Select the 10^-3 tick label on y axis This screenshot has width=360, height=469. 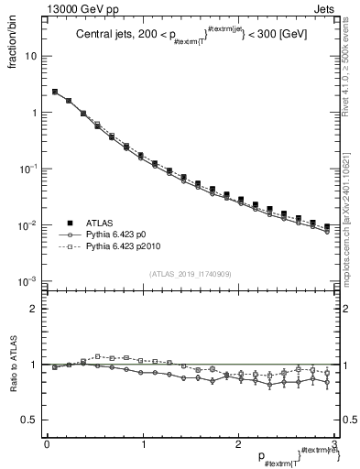28,281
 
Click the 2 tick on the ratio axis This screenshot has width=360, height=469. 34,309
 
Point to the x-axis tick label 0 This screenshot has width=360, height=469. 47,444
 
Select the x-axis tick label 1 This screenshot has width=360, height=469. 142,444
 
